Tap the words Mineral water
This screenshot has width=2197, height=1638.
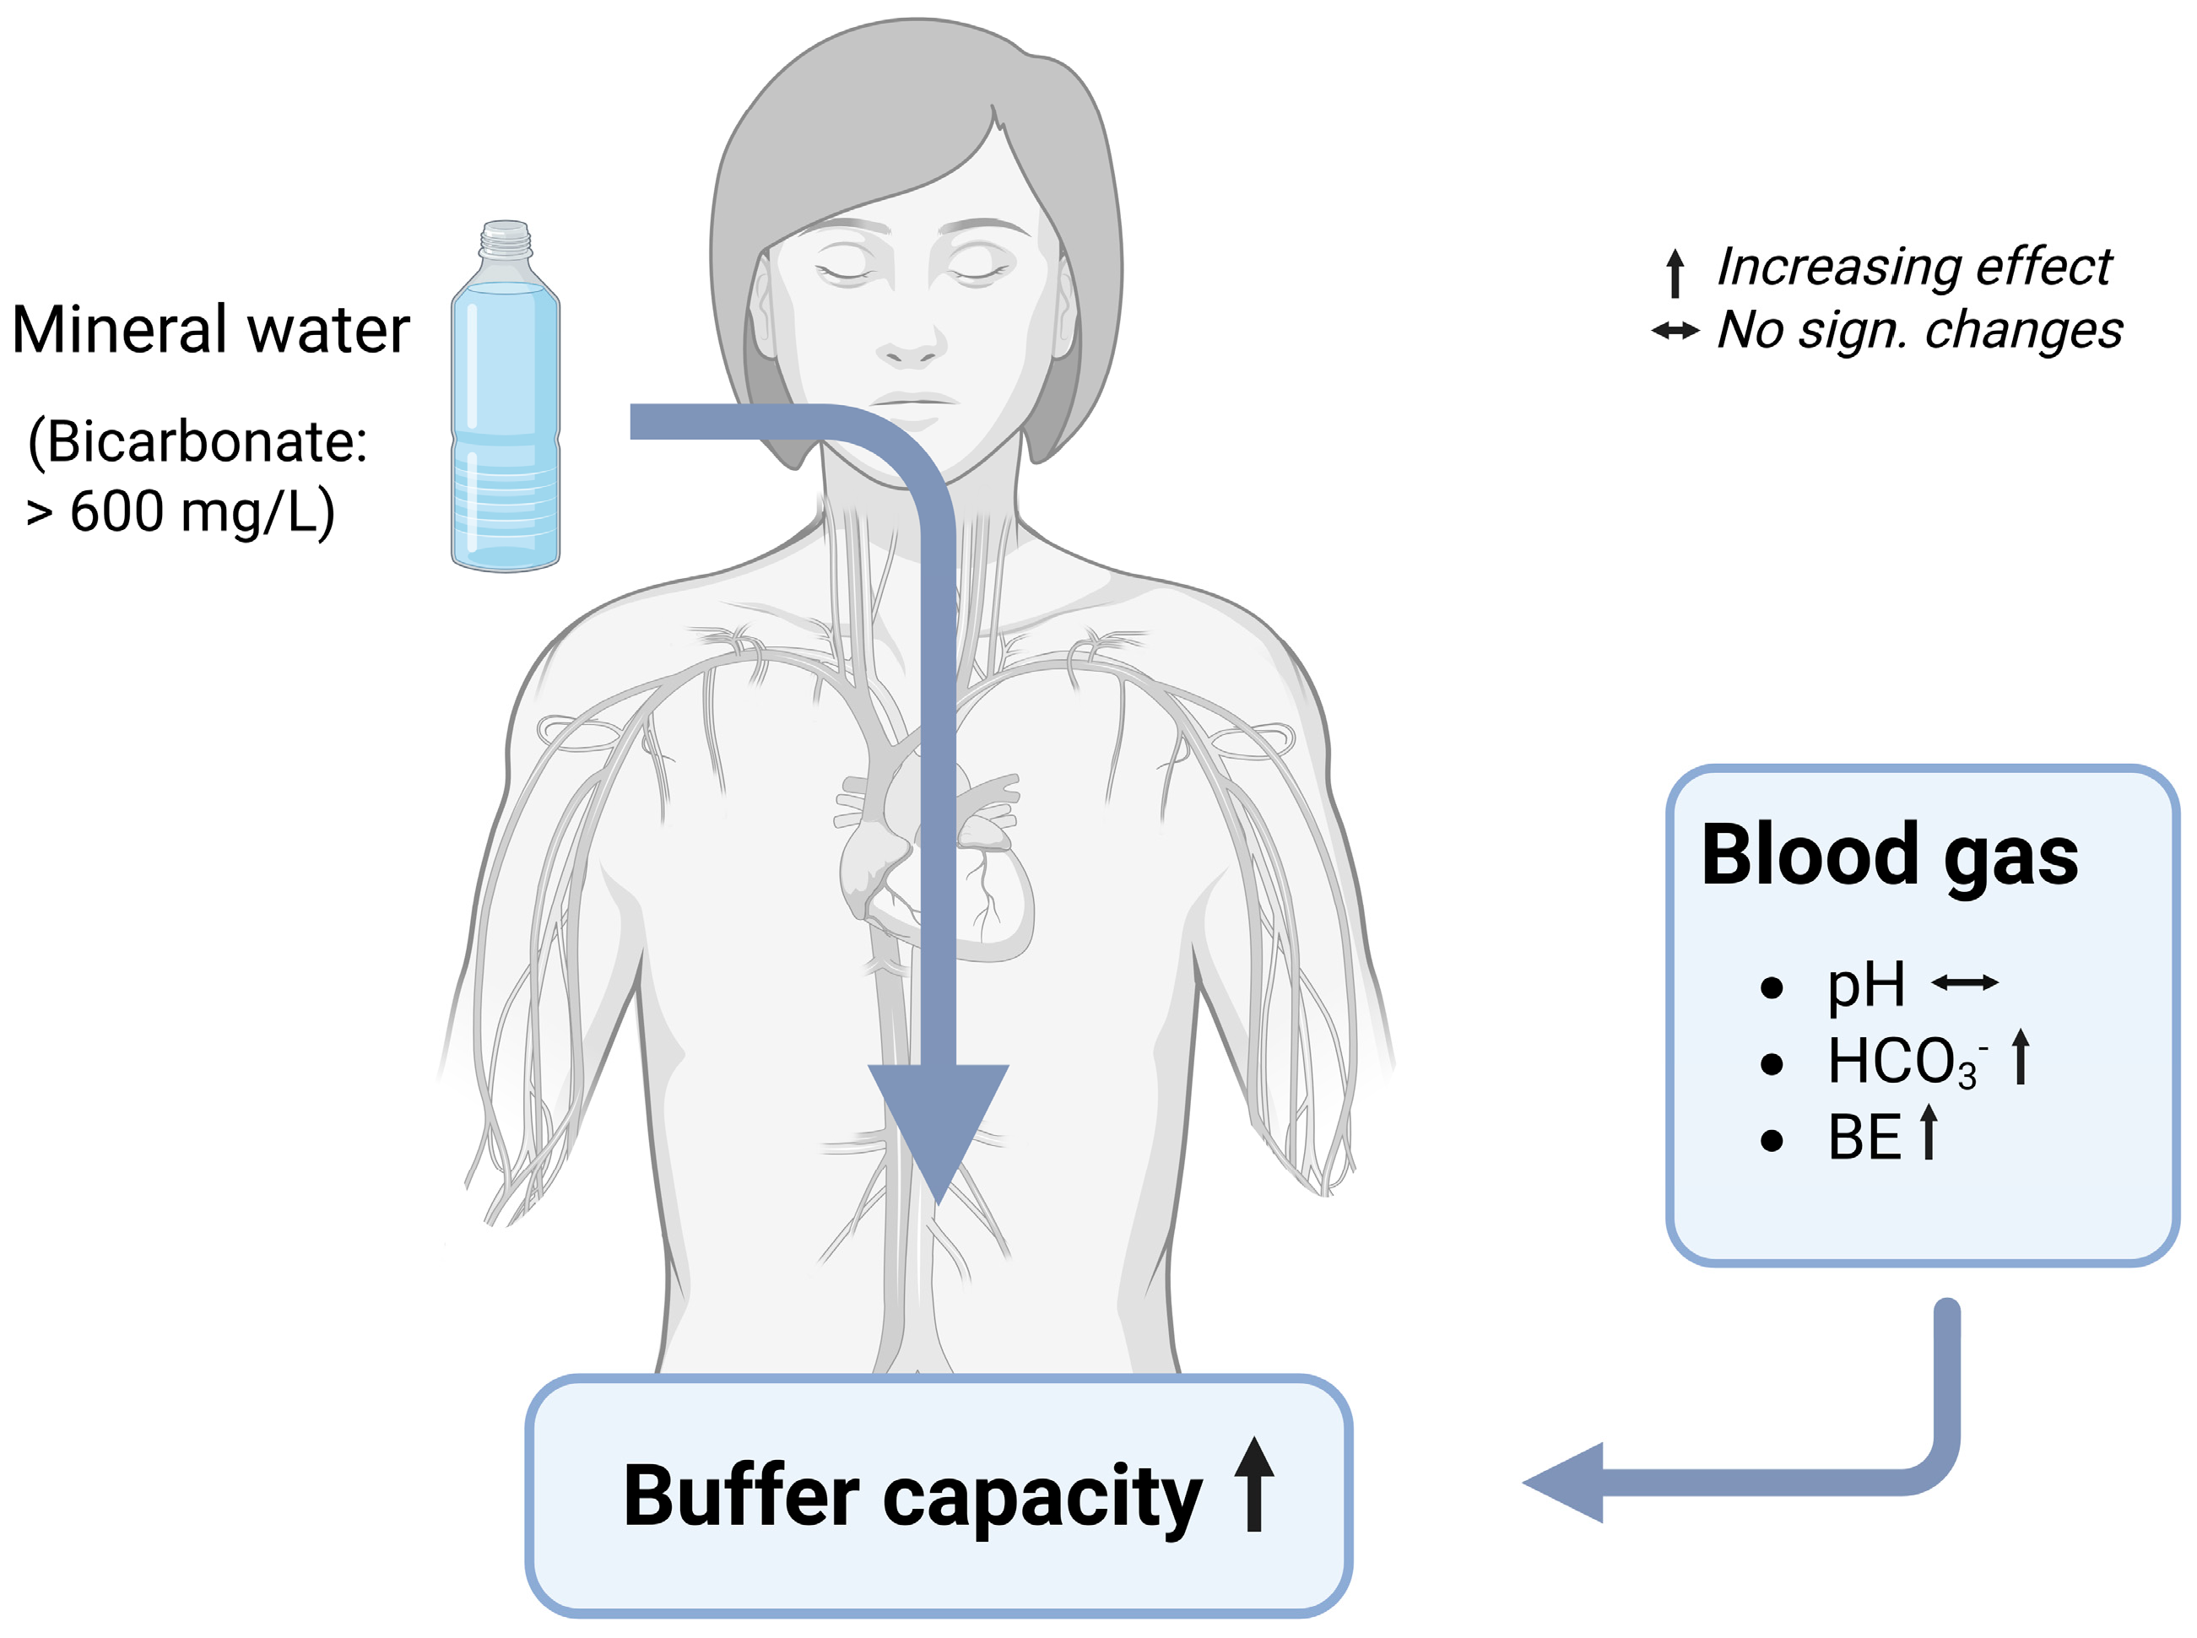pyautogui.click(x=210, y=330)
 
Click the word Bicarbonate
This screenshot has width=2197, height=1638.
pyautogui.click(x=197, y=441)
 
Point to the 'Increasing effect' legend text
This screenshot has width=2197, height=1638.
pyautogui.click(x=1913, y=267)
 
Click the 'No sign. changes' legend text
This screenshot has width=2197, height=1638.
pyautogui.click(x=1919, y=329)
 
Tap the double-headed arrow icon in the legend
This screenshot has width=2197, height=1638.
pyautogui.click(x=1675, y=331)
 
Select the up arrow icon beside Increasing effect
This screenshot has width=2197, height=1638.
pyautogui.click(x=1675, y=273)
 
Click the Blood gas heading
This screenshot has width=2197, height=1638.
pyautogui.click(x=1889, y=855)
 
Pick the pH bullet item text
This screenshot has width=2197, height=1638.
pyautogui.click(x=1864, y=985)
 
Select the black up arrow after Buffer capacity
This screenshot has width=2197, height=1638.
pyautogui.click(x=1254, y=1484)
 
